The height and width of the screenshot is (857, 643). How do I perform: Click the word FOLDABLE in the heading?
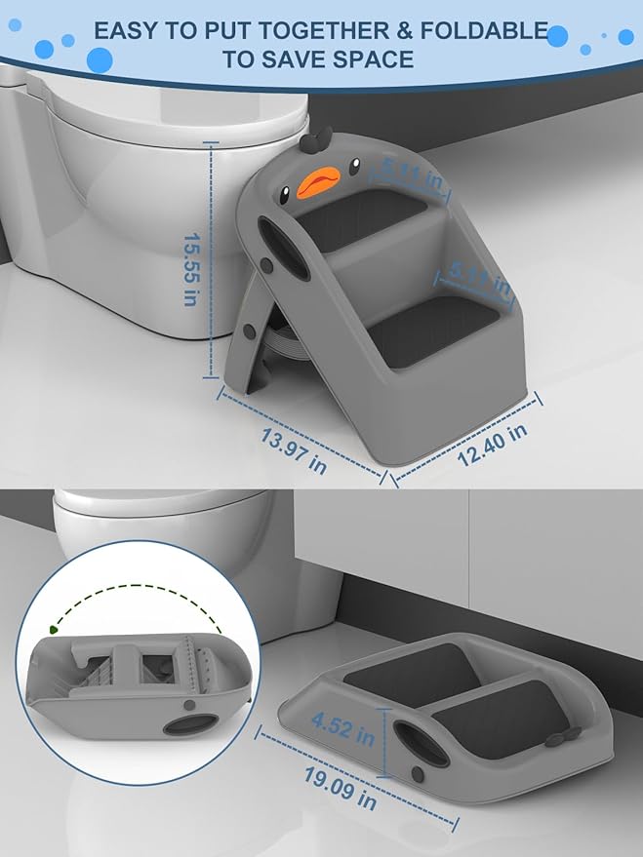[484, 31]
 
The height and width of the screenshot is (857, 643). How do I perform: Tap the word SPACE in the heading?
[374, 59]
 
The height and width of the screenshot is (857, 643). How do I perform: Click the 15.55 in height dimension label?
[190, 269]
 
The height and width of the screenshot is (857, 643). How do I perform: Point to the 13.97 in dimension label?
[293, 450]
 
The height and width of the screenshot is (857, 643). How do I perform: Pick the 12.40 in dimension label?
[492, 445]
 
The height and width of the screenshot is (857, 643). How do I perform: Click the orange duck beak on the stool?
[318, 181]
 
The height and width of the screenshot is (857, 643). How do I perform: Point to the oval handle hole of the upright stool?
[283, 249]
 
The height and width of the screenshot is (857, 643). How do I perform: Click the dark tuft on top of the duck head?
[316, 140]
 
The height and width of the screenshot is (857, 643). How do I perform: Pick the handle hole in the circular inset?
[191, 725]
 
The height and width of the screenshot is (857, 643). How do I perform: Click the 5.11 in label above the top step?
[411, 174]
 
